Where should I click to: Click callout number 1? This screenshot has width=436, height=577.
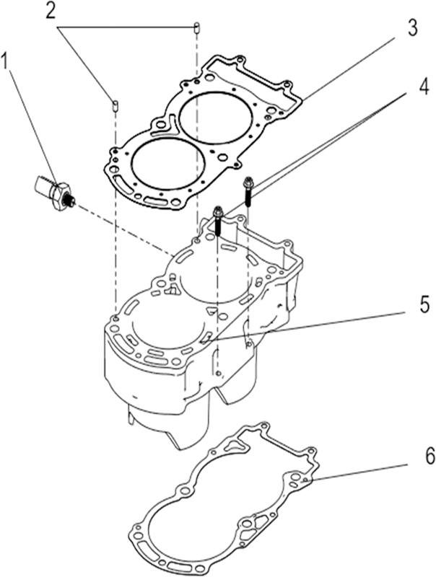coord(5,61)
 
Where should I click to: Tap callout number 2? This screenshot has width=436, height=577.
coord(51,12)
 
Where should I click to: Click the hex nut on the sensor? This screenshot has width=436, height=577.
coord(60,195)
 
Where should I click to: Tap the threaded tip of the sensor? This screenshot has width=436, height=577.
coord(70,201)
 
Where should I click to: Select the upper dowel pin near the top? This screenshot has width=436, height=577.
coord(197,28)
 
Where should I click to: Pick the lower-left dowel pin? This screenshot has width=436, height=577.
coord(115,105)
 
